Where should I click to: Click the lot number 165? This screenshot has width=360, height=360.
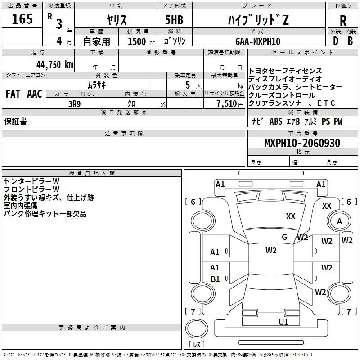click(x=22, y=18)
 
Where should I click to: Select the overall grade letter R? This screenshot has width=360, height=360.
click(x=343, y=21)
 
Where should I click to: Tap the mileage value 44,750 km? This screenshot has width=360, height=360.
click(x=55, y=64)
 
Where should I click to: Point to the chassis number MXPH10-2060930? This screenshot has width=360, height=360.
click(x=302, y=143)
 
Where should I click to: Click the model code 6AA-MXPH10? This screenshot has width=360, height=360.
click(x=258, y=41)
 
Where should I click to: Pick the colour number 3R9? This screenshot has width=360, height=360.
click(x=74, y=104)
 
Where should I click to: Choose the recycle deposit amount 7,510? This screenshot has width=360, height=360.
click(x=227, y=104)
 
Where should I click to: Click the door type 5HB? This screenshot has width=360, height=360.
click(x=174, y=20)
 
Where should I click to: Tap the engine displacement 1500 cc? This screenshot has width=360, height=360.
click(x=141, y=41)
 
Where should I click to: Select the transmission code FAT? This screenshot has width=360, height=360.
click(x=13, y=94)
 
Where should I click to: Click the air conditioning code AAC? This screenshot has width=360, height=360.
click(x=35, y=94)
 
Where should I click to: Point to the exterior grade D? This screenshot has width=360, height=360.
click(x=336, y=41)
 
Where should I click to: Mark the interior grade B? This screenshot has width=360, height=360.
click(x=350, y=41)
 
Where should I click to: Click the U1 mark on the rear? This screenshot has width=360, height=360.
click(x=283, y=322)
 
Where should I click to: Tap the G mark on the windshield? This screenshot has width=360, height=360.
click(x=284, y=237)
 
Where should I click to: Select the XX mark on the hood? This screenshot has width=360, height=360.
click(x=291, y=216)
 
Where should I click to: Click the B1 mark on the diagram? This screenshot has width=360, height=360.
click(x=215, y=279)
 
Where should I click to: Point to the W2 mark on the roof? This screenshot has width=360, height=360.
click(x=271, y=250)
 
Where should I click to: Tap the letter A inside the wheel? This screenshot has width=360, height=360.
click(x=340, y=221)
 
